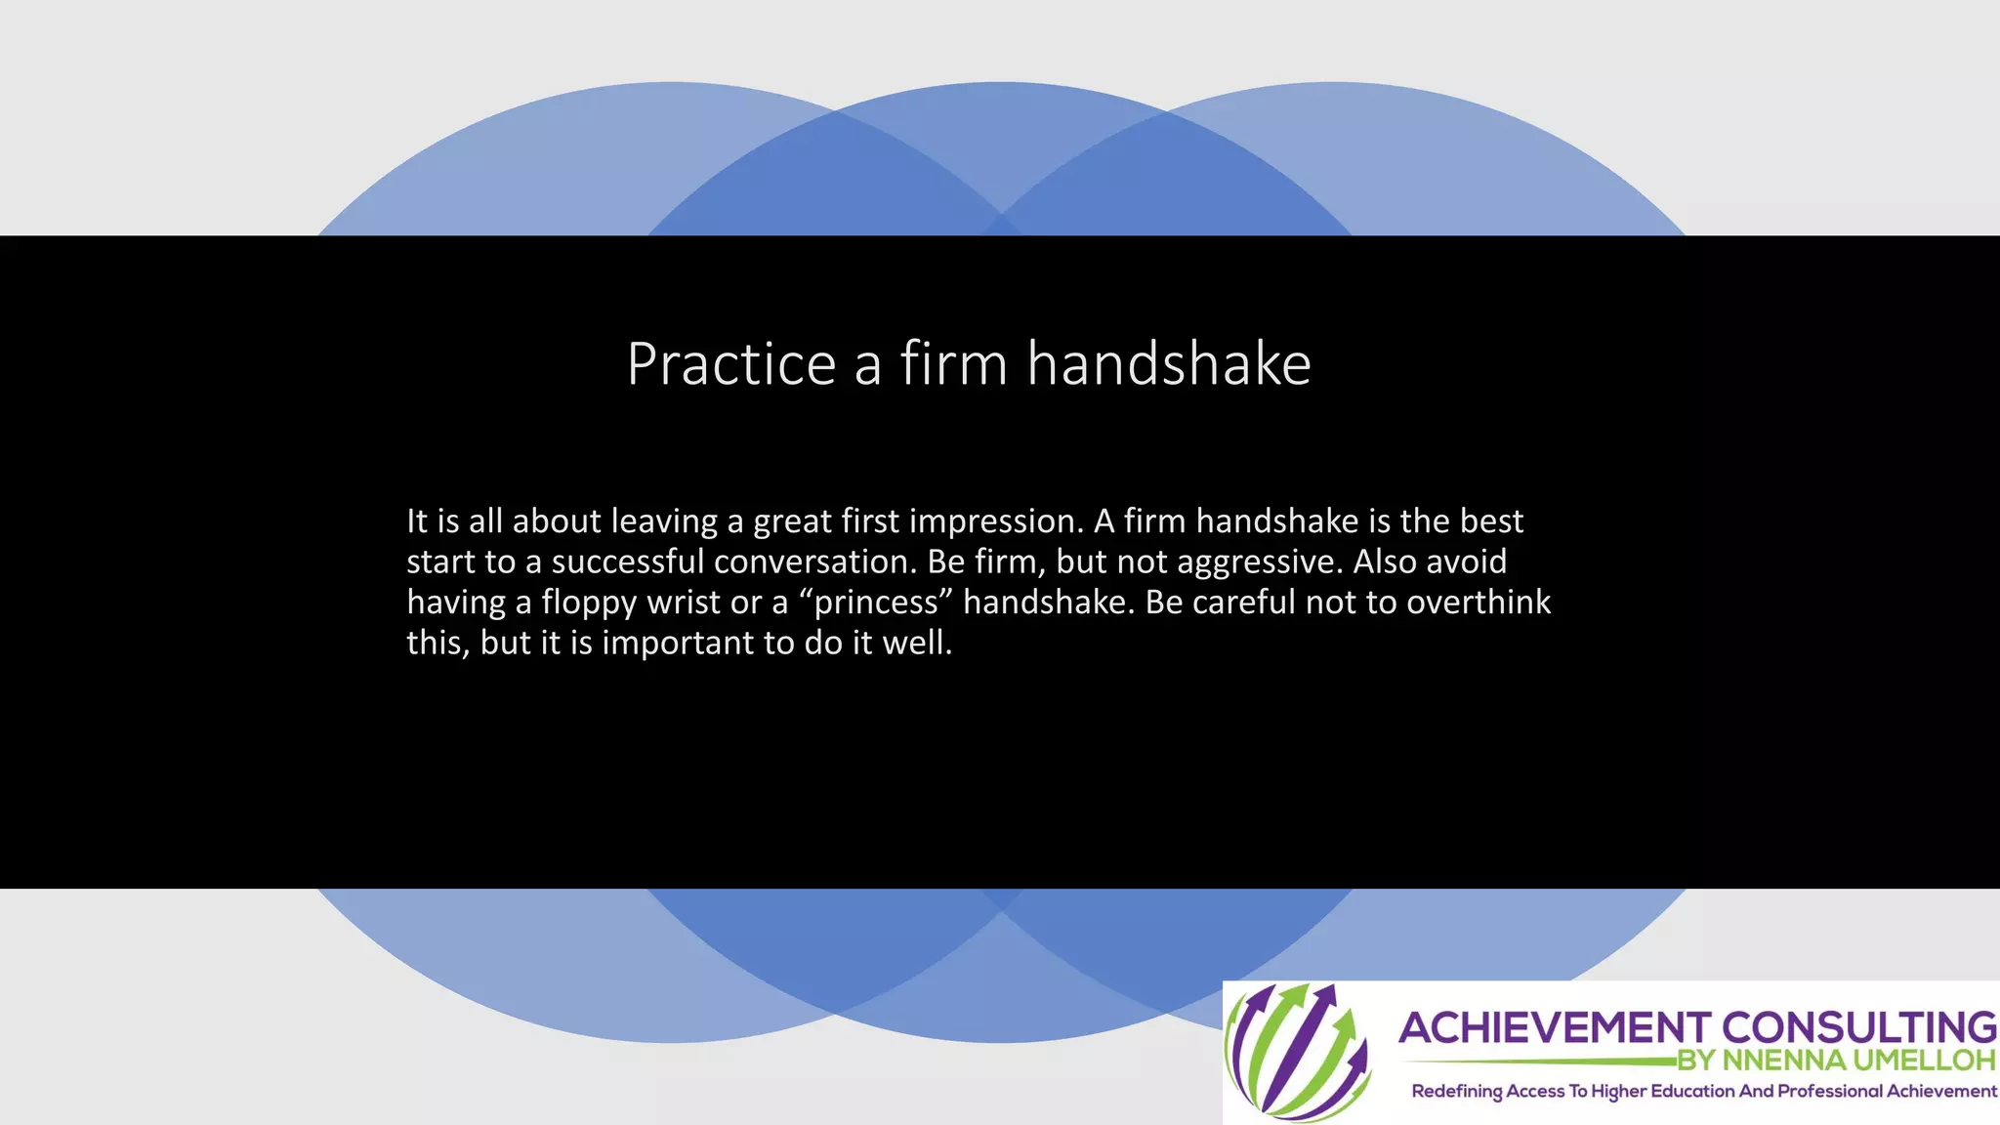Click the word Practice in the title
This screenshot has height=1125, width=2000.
730,364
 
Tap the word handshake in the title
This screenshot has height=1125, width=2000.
1169,364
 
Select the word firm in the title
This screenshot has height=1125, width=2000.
953,364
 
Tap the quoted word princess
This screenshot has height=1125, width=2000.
875,603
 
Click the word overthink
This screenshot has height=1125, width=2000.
1478,603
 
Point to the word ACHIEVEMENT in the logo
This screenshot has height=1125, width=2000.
1554,1028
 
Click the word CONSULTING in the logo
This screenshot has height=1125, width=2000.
1858,1028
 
